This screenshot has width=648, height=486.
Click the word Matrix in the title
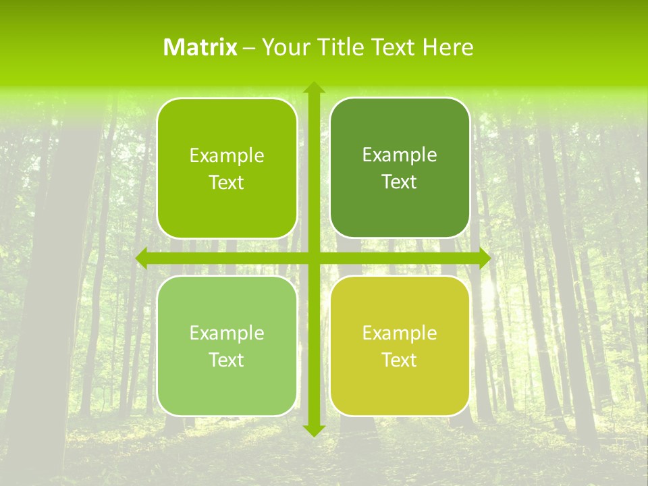(200, 47)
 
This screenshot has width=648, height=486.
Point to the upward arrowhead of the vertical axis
(313, 88)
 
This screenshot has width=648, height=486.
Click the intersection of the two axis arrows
(313, 258)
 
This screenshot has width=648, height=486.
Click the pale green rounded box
(227, 388)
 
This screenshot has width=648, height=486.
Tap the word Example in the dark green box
(400, 155)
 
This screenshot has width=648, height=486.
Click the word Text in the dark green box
(400, 182)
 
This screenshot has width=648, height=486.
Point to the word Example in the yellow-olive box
(400, 333)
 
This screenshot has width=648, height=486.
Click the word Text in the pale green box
(227, 360)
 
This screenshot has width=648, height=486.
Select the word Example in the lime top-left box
(227, 155)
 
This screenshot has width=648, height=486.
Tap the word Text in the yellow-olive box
(400, 360)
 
